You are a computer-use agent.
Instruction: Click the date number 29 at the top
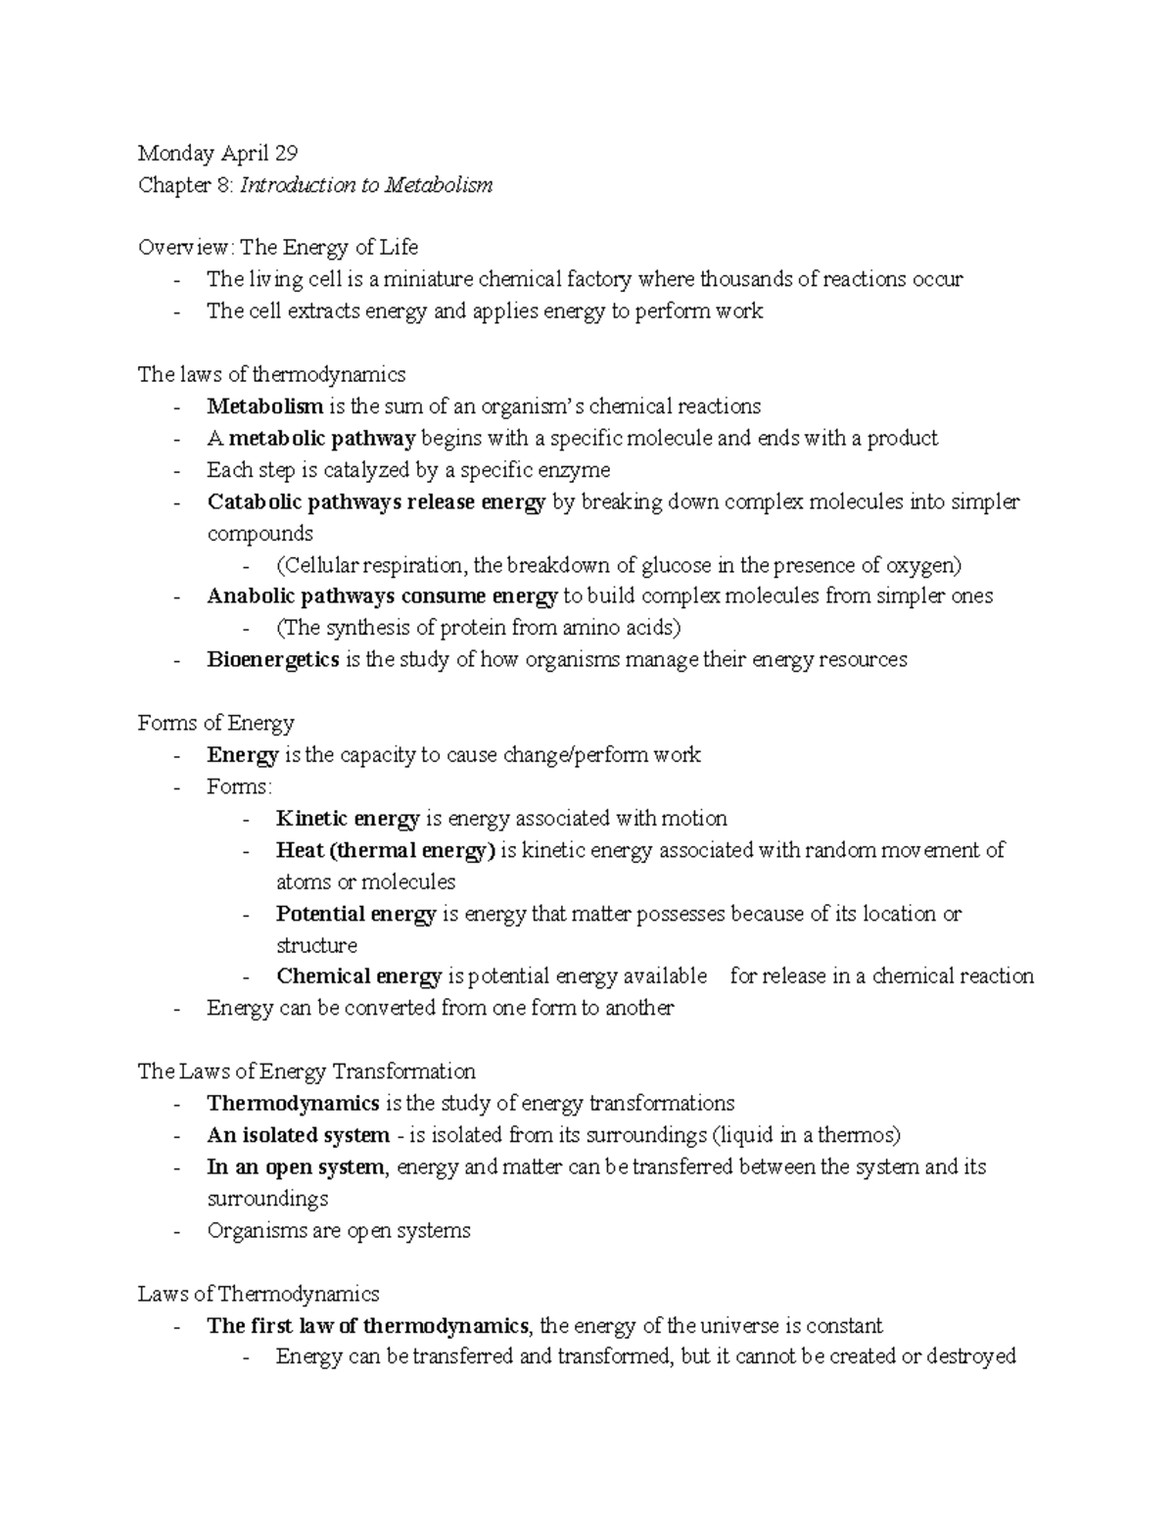[285, 153]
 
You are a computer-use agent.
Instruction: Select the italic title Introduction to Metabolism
[366, 185]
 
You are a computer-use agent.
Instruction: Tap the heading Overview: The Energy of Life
[278, 248]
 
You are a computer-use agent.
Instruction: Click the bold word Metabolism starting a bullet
[264, 406]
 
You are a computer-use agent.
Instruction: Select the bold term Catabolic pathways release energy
[377, 502]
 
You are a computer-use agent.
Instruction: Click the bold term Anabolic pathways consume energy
[382, 596]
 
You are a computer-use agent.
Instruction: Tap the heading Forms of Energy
[215, 724]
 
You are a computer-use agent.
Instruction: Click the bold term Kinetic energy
[348, 819]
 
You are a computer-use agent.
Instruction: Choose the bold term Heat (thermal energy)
[386, 850]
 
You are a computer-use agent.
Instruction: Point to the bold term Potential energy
[355, 914]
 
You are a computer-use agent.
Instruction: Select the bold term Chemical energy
[358, 976]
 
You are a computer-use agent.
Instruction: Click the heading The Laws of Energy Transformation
[306, 1071]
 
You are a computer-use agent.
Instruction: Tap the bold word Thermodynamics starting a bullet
[293, 1104]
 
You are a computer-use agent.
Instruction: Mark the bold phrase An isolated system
[298, 1135]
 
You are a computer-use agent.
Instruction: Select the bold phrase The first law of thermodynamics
[368, 1326]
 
